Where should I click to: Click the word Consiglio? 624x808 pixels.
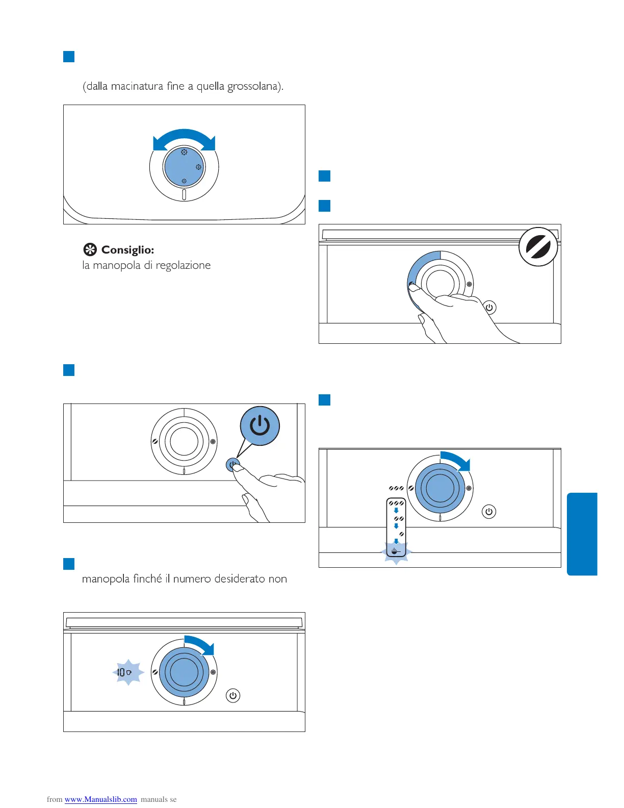(x=127, y=250)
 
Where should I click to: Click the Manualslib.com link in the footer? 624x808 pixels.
(x=100, y=799)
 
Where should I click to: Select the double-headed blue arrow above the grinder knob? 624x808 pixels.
(x=184, y=139)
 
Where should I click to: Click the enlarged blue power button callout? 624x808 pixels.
(x=260, y=425)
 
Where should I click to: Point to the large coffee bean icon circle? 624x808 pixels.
(x=538, y=247)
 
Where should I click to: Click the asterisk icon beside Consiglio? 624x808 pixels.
(x=90, y=250)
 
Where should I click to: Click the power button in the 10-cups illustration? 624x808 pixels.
(x=233, y=695)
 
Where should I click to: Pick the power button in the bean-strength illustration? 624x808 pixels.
(x=489, y=512)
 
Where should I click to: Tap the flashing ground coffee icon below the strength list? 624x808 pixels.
(x=396, y=551)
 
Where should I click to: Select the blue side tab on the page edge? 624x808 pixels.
(x=582, y=534)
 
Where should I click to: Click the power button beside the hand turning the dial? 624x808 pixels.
(x=489, y=308)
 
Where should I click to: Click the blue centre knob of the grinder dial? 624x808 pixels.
(x=184, y=167)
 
